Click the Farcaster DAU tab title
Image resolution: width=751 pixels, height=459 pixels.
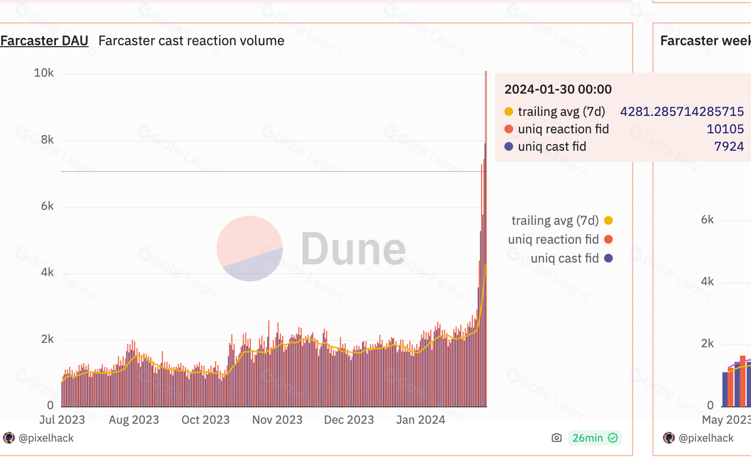click(44, 41)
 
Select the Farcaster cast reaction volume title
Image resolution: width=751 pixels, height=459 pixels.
click(191, 41)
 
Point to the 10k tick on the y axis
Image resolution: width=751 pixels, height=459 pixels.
click(44, 73)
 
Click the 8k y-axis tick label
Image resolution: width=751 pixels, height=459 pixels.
click(47, 140)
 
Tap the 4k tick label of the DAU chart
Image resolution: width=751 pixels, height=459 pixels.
click(47, 272)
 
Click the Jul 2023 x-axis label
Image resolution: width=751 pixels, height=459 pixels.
click(62, 420)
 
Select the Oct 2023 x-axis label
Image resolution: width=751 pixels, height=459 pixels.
click(205, 420)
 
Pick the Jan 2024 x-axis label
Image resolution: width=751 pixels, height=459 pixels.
click(421, 420)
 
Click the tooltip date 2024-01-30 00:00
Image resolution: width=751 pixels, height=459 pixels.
click(558, 89)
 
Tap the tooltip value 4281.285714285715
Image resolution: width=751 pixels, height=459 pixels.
click(682, 112)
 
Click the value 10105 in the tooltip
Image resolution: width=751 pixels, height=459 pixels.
click(725, 129)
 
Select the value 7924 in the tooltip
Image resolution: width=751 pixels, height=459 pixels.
click(728, 146)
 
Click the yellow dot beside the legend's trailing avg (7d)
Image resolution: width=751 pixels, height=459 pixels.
click(608, 220)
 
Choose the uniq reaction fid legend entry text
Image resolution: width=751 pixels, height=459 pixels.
click(553, 239)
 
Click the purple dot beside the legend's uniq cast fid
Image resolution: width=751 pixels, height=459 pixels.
click(608, 258)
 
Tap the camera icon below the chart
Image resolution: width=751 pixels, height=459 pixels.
click(556, 438)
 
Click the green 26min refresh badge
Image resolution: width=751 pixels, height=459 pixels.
click(595, 438)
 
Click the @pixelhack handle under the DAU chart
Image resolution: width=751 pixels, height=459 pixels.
click(46, 438)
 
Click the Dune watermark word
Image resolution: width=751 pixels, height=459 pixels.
click(353, 249)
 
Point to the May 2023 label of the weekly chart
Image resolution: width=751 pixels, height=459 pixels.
click(726, 420)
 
